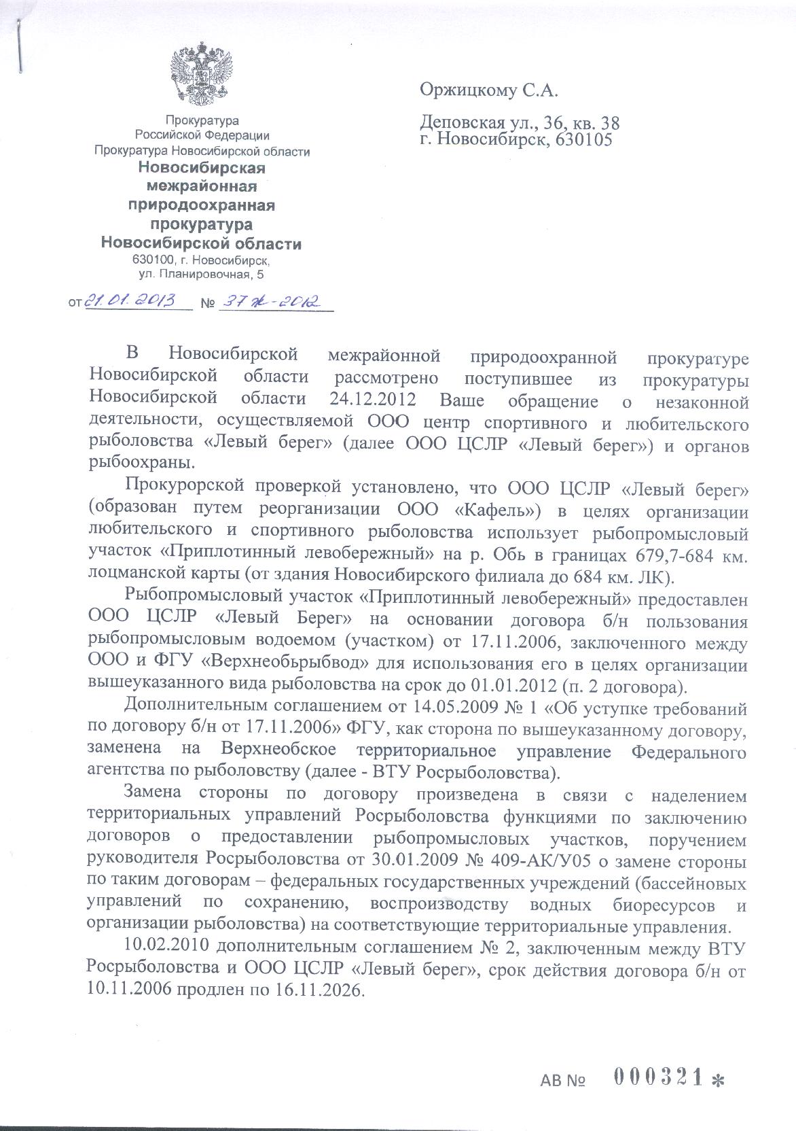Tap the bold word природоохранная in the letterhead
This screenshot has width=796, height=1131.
(202, 205)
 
